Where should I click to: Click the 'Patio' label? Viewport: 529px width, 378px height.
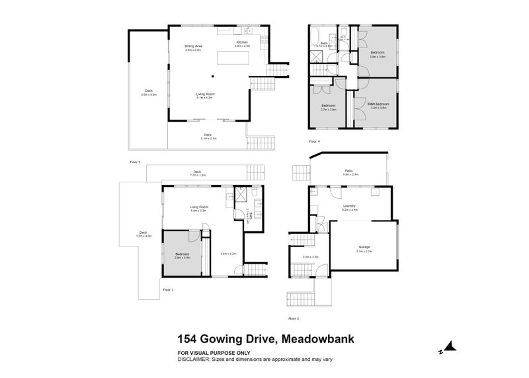[348, 171]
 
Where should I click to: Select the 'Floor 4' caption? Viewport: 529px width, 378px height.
[314, 141]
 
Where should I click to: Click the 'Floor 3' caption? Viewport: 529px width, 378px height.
[136, 161]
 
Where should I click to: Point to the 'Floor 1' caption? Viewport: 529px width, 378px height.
[168, 289]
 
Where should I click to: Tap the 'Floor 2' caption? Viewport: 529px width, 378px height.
[294, 319]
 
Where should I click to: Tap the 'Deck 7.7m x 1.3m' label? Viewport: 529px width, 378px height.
[198, 174]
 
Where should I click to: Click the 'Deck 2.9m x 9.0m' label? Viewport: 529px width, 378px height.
[148, 93]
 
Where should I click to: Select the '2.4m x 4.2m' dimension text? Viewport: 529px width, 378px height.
[228, 254]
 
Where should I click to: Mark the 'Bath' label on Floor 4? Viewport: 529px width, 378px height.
[324, 43]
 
